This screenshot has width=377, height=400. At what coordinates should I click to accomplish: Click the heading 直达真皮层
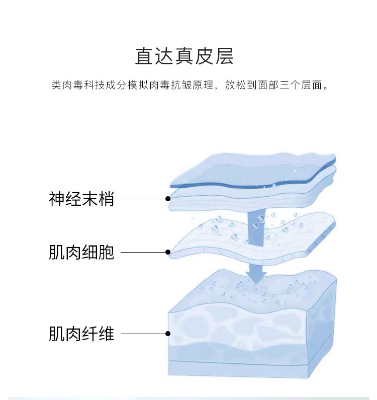[x=184, y=56]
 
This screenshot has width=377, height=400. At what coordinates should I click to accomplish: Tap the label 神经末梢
[x=82, y=199]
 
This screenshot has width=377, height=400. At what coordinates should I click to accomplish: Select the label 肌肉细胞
[x=82, y=252]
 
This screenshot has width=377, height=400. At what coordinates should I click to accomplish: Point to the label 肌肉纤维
[x=82, y=333]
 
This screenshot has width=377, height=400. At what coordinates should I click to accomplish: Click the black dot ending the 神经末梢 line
[x=168, y=199]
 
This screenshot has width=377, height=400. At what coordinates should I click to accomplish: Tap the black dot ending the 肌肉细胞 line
[x=168, y=252]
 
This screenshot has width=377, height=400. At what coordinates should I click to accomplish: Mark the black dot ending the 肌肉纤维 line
[x=168, y=333]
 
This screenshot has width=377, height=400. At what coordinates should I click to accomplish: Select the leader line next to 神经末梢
[x=144, y=199]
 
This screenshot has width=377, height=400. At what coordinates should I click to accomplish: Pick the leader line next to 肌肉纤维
[x=144, y=333]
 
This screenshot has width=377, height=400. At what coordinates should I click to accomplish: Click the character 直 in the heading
[x=144, y=56]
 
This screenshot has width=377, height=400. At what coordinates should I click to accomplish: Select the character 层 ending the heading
[x=225, y=56]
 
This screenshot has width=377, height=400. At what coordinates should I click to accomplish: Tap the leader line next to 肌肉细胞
[x=144, y=252]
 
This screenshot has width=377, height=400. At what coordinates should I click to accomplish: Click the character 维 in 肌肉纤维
[x=107, y=333]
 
